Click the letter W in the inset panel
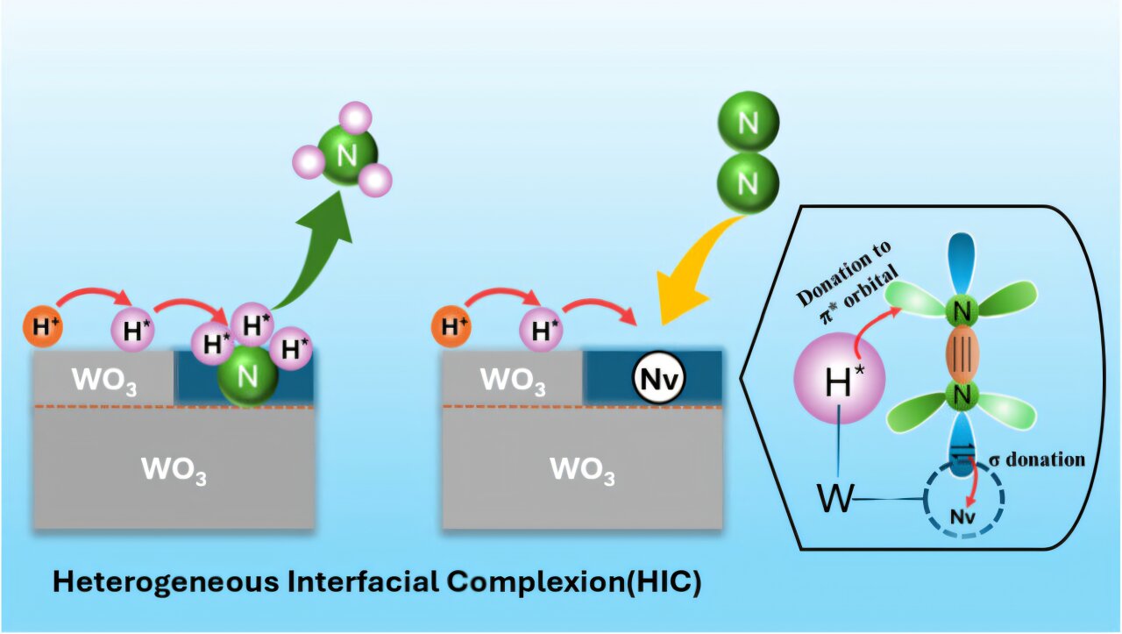click(834, 499)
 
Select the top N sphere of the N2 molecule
click(748, 122)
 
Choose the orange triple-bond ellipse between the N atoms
click(961, 353)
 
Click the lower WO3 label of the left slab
click(174, 470)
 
